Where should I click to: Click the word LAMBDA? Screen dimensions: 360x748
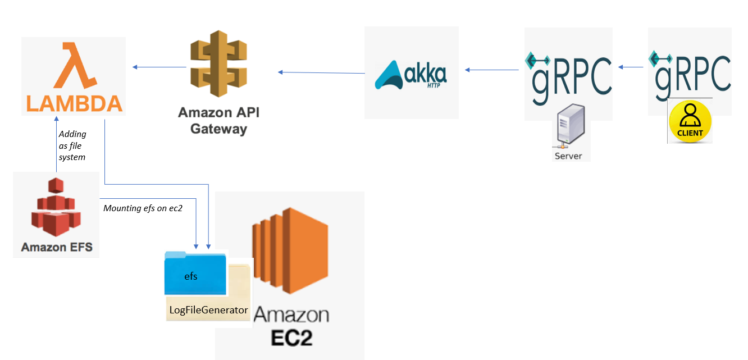74,103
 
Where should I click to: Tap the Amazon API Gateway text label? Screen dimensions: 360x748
218,120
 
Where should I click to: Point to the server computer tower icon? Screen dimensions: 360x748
568,128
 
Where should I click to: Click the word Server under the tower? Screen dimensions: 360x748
568,156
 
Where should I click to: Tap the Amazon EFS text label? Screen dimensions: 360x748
57,247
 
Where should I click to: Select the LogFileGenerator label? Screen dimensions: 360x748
208,310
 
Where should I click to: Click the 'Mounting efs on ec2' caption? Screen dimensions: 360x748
143,208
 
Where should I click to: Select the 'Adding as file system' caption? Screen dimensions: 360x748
72,145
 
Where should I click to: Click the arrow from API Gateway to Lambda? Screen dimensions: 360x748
159,67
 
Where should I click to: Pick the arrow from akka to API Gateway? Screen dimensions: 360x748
321,72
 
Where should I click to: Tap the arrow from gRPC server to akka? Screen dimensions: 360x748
492,70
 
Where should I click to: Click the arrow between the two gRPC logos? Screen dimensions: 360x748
631,67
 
